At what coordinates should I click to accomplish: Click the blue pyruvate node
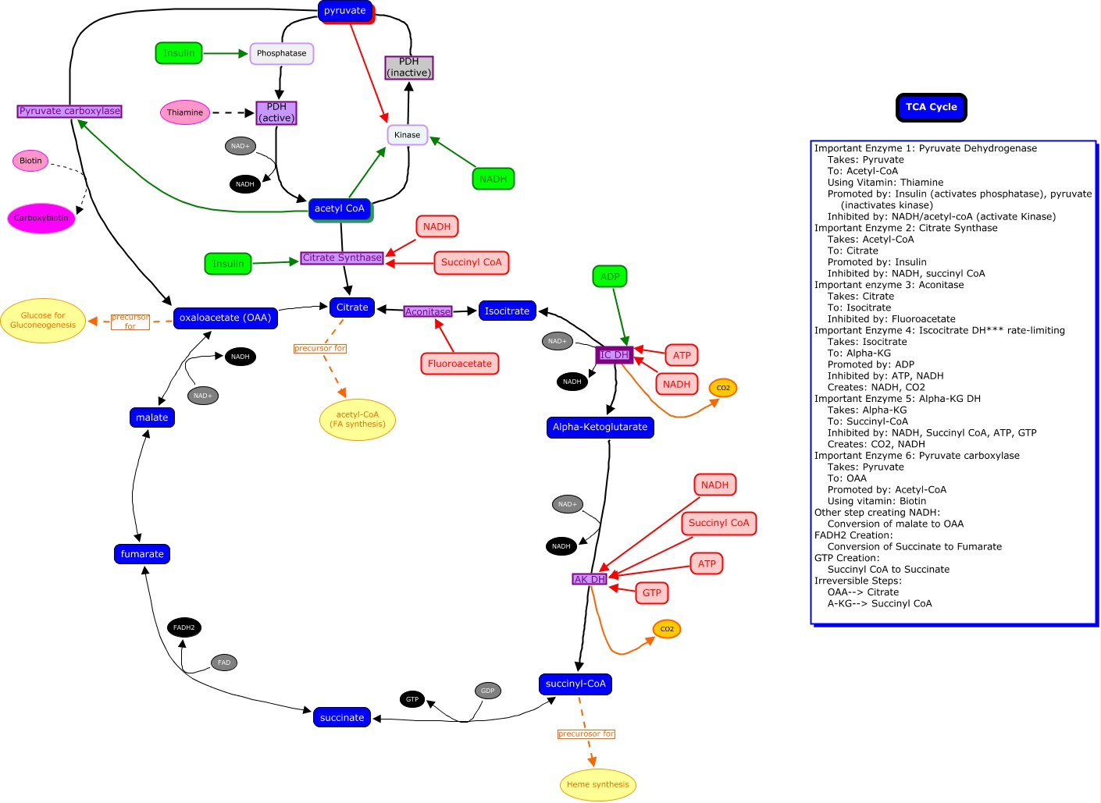[345, 11]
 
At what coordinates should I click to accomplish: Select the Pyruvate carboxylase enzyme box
[69, 111]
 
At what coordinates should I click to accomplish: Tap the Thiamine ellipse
[185, 112]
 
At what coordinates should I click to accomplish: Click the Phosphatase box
[281, 54]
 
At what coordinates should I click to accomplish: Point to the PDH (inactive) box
[408, 67]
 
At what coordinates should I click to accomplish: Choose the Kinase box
[407, 135]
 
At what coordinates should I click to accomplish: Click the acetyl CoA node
[340, 208]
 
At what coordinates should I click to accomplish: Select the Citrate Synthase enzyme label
[342, 258]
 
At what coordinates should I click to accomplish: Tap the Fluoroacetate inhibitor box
[459, 364]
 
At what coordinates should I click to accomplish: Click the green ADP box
[610, 276]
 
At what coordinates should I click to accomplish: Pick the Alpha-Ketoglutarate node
[600, 427]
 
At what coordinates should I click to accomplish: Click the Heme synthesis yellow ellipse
[597, 784]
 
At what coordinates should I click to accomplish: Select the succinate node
[342, 717]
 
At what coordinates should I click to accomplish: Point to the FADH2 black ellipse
[184, 627]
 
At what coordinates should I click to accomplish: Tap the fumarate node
[142, 554]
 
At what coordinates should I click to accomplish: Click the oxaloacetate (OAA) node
[225, 318]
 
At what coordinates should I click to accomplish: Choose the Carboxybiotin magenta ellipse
[41, 219]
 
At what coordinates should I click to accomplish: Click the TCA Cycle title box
[931, 107]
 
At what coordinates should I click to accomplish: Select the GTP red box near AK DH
[652, 593]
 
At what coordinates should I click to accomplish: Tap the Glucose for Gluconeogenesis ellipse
[43, 321]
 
